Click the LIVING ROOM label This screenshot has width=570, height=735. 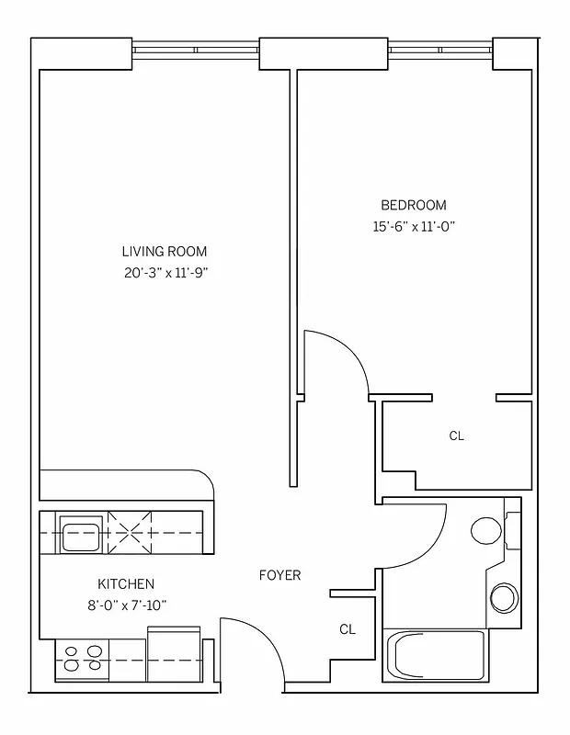(164, 251)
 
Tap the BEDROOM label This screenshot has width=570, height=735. (413, 205)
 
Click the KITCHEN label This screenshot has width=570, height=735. (126, 584)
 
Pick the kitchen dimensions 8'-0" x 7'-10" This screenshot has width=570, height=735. (126, 605)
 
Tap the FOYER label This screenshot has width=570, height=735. (279, 575)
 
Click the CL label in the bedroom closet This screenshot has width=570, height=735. (456, 436)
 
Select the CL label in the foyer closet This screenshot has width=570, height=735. (347, 629)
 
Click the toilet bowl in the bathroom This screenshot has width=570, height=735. (485, 529)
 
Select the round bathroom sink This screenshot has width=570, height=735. (504, 598)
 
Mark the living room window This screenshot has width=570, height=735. (195, 50)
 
